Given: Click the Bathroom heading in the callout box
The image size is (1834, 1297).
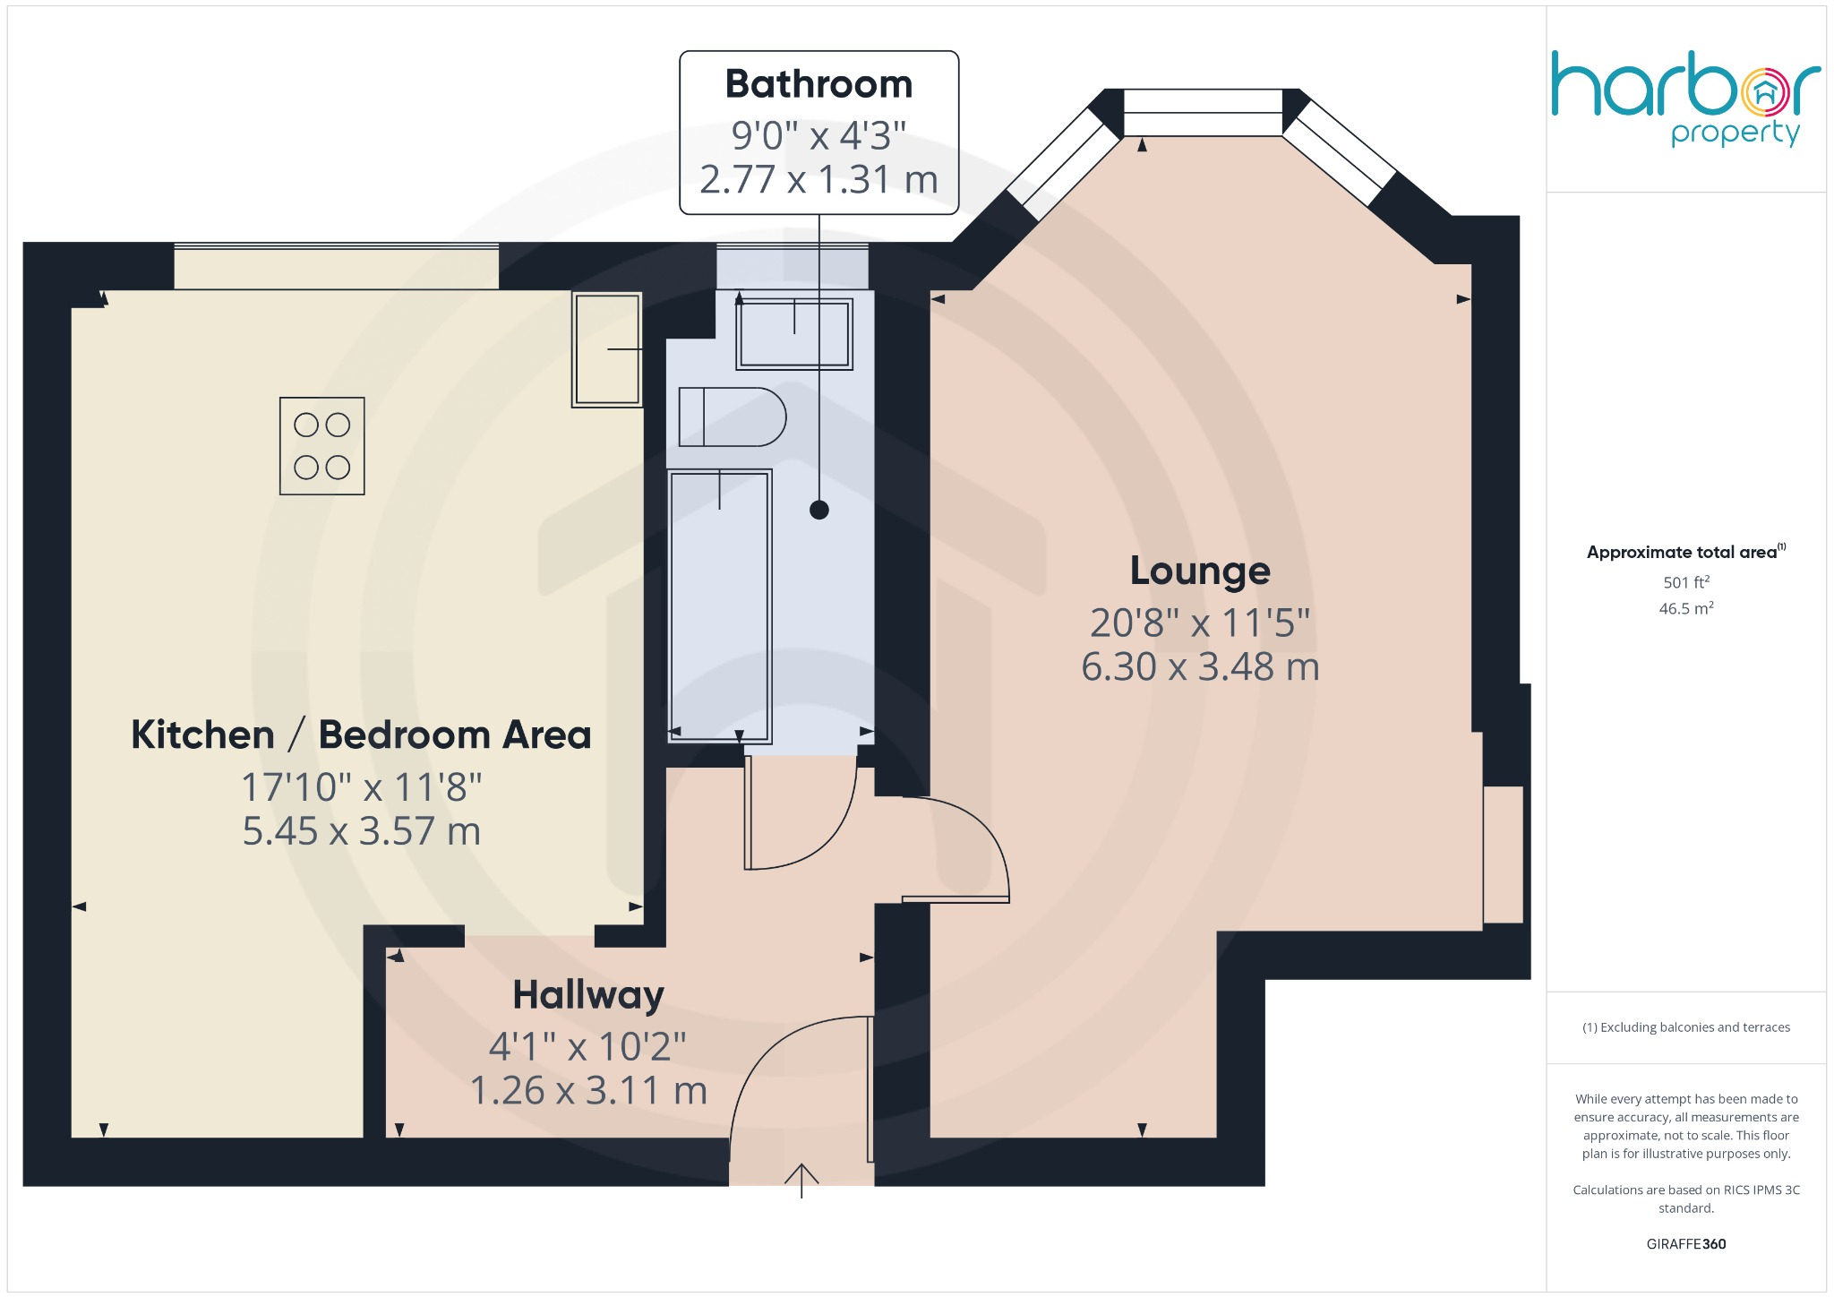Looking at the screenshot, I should click(x=818, y=84).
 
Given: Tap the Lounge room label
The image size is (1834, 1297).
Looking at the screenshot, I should click(x=1200, y=571).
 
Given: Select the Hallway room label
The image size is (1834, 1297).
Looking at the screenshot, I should click(x=588, y=995).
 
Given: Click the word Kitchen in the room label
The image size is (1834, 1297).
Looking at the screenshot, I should click(x=202, y=735).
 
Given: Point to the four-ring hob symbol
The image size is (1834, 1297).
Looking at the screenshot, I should click(x=322, y=446).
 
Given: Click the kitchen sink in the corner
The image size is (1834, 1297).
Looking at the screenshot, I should click(x=607, y=348).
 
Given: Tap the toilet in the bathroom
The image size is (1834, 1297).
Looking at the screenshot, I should click(x=732, y=417).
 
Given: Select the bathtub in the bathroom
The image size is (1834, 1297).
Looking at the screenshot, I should click(x=720, y=606).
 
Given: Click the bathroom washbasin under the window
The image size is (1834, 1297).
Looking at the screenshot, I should click(x=794, y=334).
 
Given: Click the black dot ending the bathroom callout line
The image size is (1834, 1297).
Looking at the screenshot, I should click(x=818, y=510).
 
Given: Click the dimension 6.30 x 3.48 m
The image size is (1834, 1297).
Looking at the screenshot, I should click(x=1200, y=667).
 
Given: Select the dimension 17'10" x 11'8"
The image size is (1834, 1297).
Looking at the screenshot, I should click(x=362, y=787).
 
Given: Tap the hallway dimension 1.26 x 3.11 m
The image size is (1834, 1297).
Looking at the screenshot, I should click(x=588, y=1091).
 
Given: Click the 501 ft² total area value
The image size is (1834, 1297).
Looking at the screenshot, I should click(x=1686, y=582).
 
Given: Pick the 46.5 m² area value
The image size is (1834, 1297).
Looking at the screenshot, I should click(x=1686, y=609).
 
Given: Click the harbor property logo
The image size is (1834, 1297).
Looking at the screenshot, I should click(x=1685, y=97).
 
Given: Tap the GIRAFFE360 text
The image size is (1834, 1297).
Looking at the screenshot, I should click(x=1685, y=1244).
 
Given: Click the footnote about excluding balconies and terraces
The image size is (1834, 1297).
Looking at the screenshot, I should click(x=1685, y=1027).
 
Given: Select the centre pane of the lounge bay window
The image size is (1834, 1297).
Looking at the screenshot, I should click(x=1203, y=113).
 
